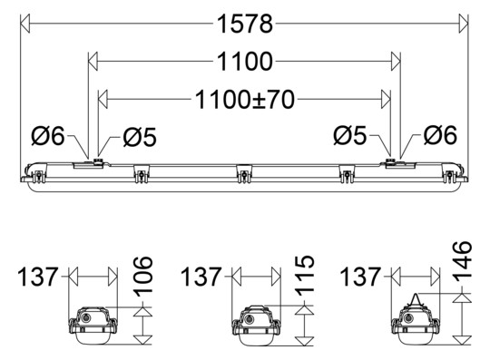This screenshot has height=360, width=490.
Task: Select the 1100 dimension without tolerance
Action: (x=245, y=62)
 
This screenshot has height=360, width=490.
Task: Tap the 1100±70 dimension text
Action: (x=245, y=99)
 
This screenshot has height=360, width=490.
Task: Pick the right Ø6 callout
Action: (x=440, y=136)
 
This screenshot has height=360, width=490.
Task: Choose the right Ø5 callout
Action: (x=351, y=136)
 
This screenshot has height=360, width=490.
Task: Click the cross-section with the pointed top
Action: (x=417, y=324)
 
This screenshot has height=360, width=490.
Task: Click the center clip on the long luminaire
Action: (x=244, y=172)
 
